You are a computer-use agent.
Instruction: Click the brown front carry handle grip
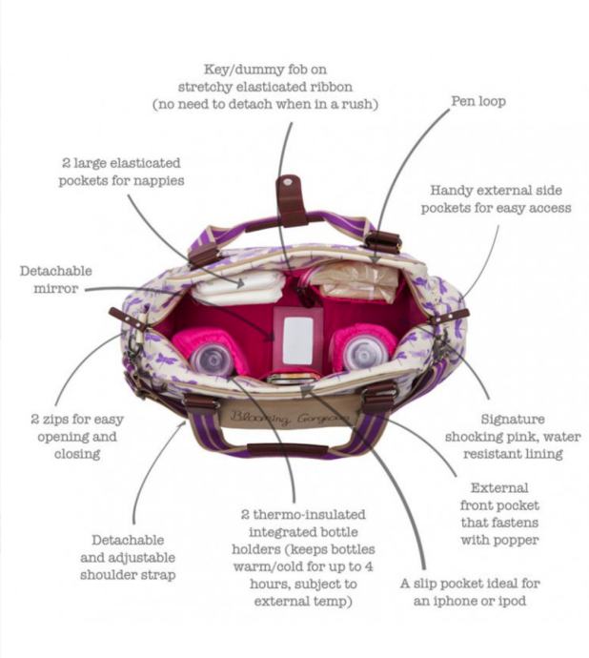(288, 449)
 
